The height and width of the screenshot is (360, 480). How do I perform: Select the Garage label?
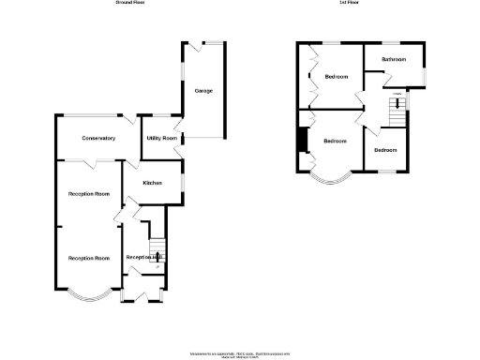pyautogui.click(x=202, y=90)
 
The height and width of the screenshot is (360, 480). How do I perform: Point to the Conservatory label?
pyautogui.click(x=98, y=138)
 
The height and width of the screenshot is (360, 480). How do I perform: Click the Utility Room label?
pyautogui.click(x=161, y=138)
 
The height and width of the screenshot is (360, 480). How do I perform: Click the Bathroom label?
pyautogui.click(x=394, y=59)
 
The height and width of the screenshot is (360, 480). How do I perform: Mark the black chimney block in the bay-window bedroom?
pyautogui.click(x=301, y=139)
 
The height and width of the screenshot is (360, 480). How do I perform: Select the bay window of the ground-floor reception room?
pyautogui.click(x=90, y=297)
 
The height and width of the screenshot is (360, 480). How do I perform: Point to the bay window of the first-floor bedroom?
pyautogui.click(x=331, y=179)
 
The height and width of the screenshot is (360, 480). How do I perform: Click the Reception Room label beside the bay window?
pyautogui.click(x=89, y=258)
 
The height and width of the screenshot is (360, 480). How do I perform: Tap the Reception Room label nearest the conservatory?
pyautogui.click(x=89, y=193)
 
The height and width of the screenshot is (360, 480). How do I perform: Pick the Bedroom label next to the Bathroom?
pyautogui.click(x=337, y=76)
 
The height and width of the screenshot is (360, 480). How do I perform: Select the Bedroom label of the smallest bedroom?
pyautogui.click(x=386, y=150)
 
